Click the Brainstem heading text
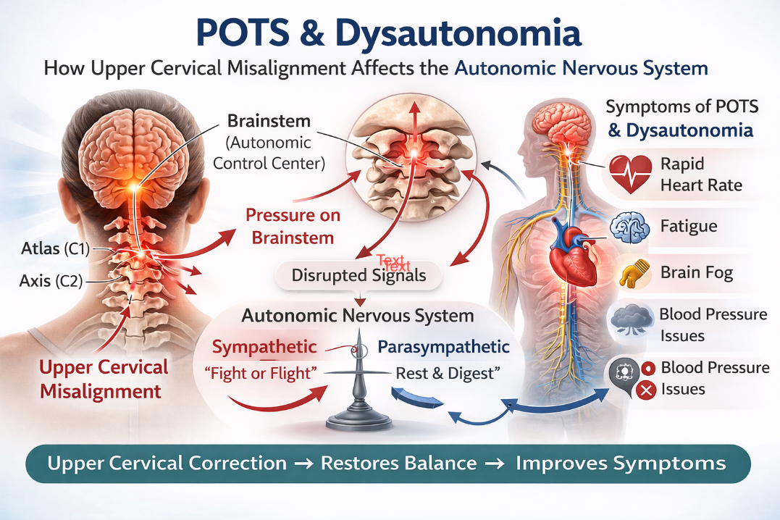coord(269,121)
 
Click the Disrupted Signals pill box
coord(358,275)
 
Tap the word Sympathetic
coord(264,347)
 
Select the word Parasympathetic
coord(443,347)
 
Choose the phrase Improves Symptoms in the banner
coord(621,464)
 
